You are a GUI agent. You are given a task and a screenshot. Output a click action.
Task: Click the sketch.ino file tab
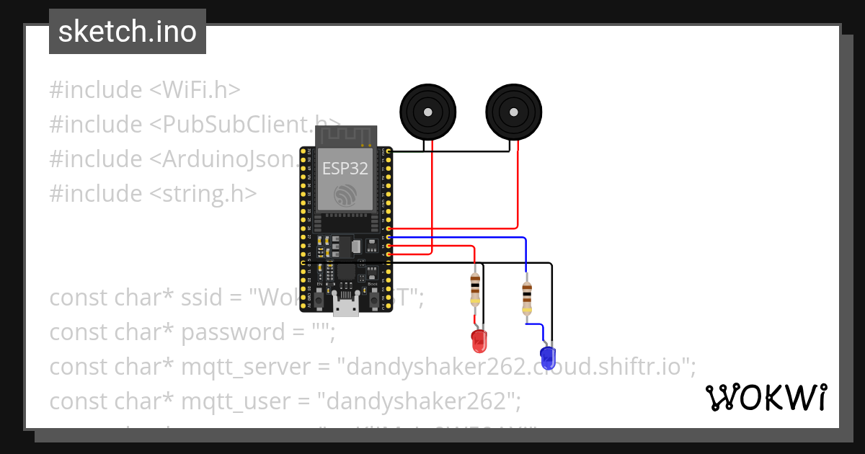[x=127, y=32]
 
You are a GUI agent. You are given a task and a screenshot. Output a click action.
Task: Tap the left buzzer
[x=428, y=112]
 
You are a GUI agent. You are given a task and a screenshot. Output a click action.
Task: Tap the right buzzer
[x=513, y=112]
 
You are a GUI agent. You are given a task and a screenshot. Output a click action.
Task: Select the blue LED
[x=548, y=355]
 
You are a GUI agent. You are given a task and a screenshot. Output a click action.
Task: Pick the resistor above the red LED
[x=474, y=289]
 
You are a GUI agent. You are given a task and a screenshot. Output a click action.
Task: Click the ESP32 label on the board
[x=345, y=169]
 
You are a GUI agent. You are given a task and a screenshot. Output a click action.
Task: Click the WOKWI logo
[x=766, y=398]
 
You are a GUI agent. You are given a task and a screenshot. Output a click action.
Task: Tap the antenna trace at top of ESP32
[x=346, y=135]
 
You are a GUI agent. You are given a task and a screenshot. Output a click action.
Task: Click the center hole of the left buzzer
[x=428, y=112]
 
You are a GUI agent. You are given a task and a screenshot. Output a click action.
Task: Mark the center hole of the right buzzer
[x=513, y=112]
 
